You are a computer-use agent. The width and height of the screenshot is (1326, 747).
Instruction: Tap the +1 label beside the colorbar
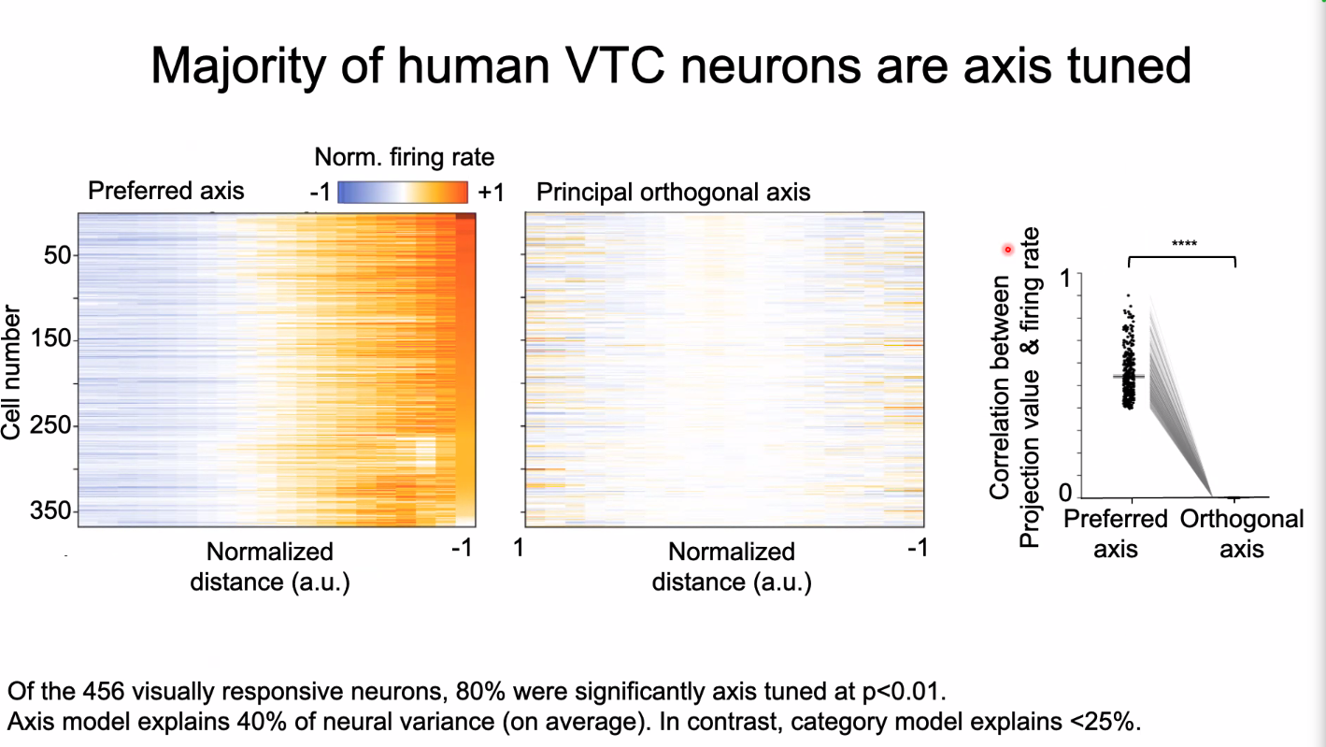point(492,193)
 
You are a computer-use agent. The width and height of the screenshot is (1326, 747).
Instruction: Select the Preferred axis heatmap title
point(165,192)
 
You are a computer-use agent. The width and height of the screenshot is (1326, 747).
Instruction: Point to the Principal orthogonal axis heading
point(673,193)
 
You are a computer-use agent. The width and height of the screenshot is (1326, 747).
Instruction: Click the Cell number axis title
point(12,370)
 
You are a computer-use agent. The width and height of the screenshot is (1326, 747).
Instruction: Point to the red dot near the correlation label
point(1007,249)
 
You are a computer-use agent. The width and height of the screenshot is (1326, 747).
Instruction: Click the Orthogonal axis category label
point(1241,534)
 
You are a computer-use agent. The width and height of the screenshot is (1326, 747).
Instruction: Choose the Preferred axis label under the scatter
point(1116,534)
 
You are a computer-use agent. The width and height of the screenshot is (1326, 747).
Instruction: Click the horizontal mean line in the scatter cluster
point(1128,376)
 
